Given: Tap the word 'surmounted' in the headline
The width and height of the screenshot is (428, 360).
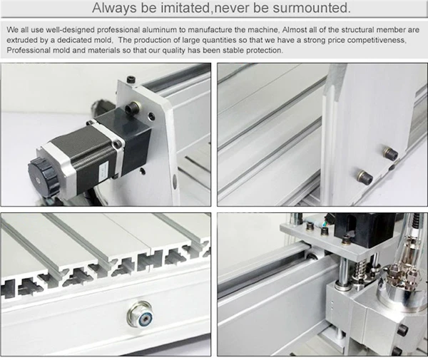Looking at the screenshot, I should point(312,9).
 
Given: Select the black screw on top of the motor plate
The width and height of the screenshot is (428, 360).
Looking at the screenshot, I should point(131,78).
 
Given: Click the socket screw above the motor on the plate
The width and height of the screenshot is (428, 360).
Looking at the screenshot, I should point(132,108).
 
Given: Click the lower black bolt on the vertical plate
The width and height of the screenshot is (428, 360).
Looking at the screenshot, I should point(365,176).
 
